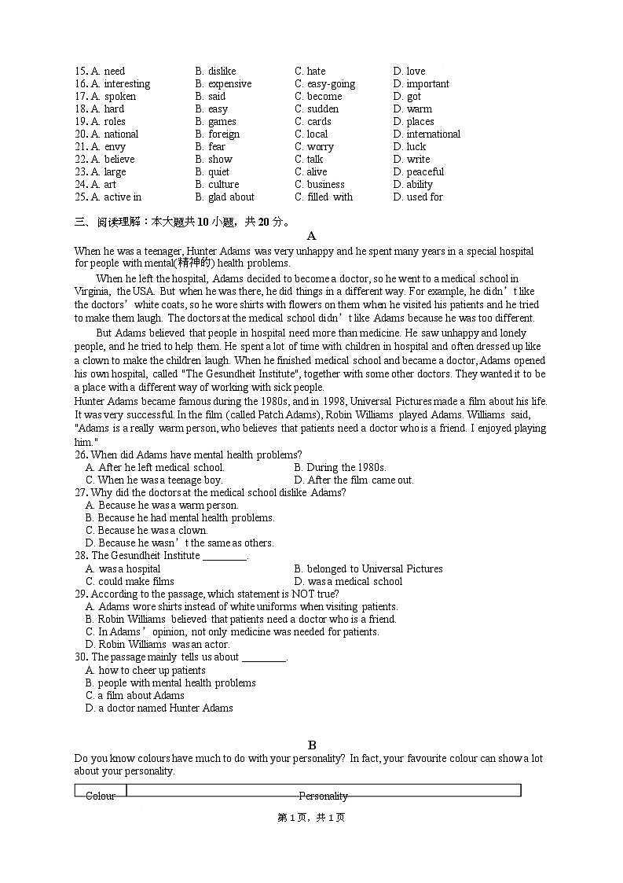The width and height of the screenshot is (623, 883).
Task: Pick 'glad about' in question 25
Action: tap(231, 197)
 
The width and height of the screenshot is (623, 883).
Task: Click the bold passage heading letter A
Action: tap(311, 236)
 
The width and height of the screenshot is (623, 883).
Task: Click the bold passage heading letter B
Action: tap(311, 745)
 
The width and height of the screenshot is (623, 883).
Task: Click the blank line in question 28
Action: tap(225, 557)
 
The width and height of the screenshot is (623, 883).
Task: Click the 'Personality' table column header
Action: tap(323, 796)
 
